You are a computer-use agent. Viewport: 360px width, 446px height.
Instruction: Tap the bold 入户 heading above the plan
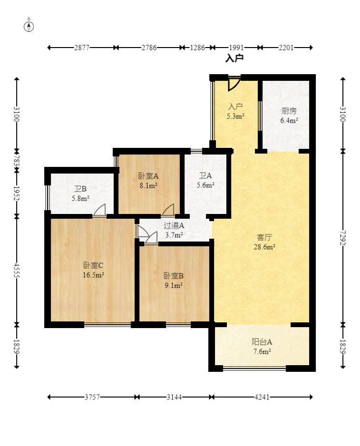tap(234, 58)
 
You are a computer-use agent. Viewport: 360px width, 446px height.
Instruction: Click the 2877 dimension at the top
tap(82, 48)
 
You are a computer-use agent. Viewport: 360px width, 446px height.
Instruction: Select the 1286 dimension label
tap(197, 48)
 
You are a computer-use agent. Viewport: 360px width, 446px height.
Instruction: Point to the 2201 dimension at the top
tap(286, 48)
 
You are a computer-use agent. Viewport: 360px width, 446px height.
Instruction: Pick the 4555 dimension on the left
tap(17, 270)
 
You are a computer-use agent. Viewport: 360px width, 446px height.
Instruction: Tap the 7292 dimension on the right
tap(343, 238)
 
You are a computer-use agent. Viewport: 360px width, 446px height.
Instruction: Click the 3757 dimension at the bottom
tap(92, 397)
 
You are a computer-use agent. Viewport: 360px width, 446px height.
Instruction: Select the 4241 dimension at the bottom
tap(262, 397)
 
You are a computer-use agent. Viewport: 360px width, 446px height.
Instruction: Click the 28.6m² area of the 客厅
tap(264, 247)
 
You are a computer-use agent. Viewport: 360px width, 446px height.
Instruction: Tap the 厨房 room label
tap(289, 111)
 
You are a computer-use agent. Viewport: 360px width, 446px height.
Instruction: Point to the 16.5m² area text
tap(93, 275)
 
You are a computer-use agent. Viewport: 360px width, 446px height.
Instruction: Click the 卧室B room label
tap(174, 276)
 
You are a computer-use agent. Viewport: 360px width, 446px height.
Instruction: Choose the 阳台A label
tap(262, 341)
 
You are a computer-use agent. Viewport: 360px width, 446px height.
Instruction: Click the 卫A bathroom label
tap(205, 176)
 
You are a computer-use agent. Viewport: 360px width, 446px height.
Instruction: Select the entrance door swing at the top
tap(234, 84)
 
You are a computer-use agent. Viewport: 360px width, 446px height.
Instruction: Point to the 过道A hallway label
tap(174, 225)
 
